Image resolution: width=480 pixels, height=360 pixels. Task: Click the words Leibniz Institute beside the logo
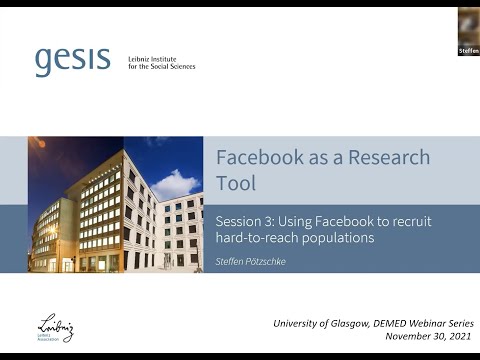(154, 58)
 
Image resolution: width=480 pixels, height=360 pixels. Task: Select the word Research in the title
(389, 158)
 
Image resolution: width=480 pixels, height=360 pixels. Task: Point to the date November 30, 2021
(426, 338)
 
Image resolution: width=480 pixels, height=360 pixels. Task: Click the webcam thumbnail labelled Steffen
(468, 31)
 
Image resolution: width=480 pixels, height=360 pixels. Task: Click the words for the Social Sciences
(162, 67)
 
